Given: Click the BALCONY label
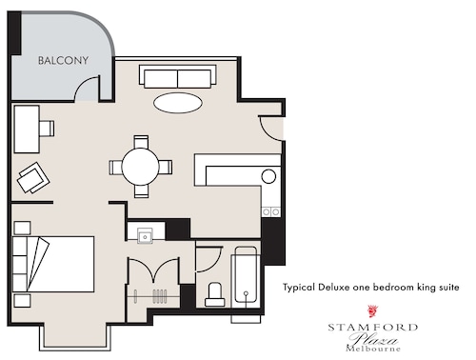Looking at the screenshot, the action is coord(63,60).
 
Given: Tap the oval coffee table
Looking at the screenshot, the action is coord(178,103).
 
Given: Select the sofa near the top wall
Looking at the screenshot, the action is coord(178,76).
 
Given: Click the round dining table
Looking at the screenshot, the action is coord(140,167).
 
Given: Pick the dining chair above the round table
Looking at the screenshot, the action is coord(141,142).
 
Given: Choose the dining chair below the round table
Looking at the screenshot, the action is coord(141,191).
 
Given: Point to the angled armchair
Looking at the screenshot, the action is coord(33,177).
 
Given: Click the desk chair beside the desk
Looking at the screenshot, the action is coord(47,129).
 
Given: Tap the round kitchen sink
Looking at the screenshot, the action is coord(268,176).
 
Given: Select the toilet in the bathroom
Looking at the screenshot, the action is coord(215,294).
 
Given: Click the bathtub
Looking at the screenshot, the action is coord(246,275).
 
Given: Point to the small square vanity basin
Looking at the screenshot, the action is coord(145,236).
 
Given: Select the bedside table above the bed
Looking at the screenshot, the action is coord(23,228).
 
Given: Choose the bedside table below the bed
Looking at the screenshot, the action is coord(23,300).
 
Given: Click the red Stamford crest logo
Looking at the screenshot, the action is coord(372,311).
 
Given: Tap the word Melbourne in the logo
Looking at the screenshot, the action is coord(373,349).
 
